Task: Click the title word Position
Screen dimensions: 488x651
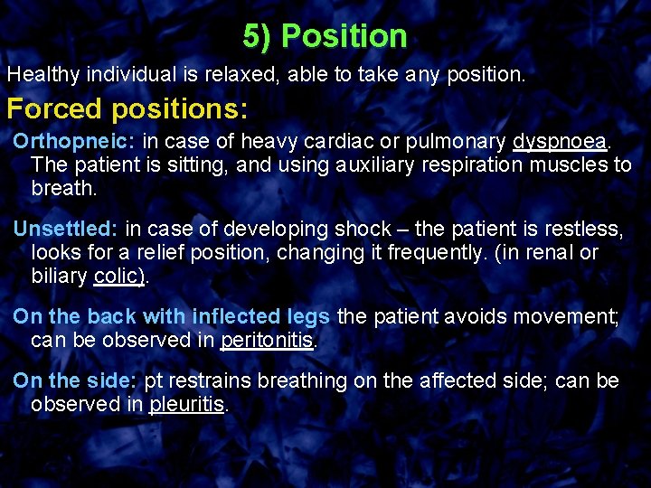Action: pos(344,37)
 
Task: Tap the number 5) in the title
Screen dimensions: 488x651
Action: pos(259,37)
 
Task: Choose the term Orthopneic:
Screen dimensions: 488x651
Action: pos(75,143)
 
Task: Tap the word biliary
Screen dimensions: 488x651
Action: pos(60,276)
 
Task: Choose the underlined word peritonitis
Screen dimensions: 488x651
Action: pos(267,340)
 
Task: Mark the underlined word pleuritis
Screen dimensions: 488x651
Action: pos(186,404)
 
